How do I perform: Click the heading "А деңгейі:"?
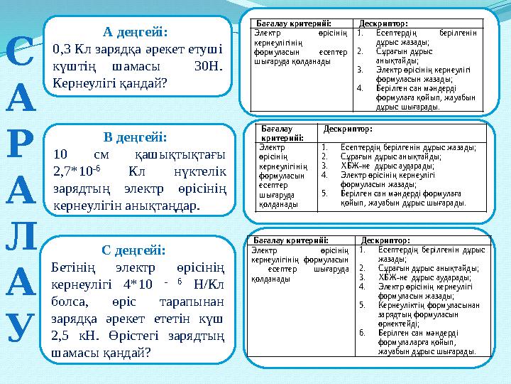pyautogui.click(x=136, y=32)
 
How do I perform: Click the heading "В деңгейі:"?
pyautogui.click(x=135, y=137)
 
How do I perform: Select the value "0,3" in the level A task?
pyautogui.click(x=62, y=49)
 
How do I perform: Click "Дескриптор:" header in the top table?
pyautogui.click(x=383, y=23)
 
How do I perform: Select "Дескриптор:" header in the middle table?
pyautogui.click(x=348, y=129)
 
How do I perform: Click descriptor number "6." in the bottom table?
pyautogui.click(x=362, y=331)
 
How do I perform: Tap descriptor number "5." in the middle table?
pyautogui.click(x=324, y=192)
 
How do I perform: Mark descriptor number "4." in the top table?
pyautogui.click(x=361, y=88)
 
